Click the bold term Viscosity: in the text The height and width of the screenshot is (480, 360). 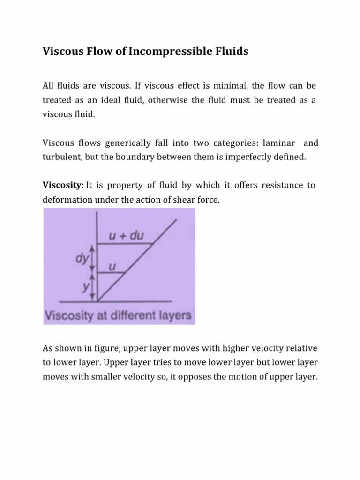63,185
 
